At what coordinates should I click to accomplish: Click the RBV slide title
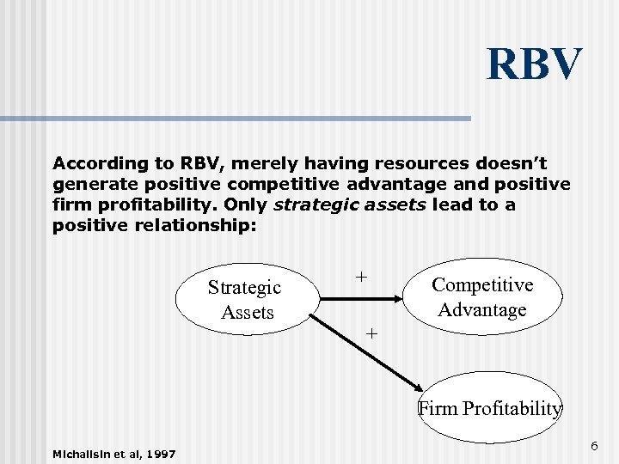[534, 65]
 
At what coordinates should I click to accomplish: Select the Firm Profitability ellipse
[490, 407]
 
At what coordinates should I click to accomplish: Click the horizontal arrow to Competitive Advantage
[361, 299]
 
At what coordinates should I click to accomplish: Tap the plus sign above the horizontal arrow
[362, 277]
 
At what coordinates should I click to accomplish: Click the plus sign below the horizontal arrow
[371, 333]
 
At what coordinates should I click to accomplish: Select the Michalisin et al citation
[114, 453]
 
